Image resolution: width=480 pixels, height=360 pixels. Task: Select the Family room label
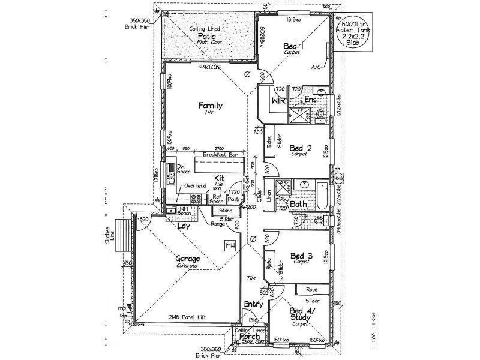[x=211, y=106]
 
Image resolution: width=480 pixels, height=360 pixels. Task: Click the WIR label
[x=278, y=100]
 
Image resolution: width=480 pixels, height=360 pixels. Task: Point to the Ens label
[x=310, y=99]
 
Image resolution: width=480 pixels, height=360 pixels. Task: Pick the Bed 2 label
[x=299, y=148]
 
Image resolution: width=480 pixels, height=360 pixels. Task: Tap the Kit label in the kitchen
[x=220, y=179]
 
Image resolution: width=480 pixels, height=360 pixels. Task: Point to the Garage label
[x=188, y=259]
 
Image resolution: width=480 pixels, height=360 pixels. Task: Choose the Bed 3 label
[x=300, y=256]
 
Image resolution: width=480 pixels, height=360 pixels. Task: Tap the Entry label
[x=254, y=305]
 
